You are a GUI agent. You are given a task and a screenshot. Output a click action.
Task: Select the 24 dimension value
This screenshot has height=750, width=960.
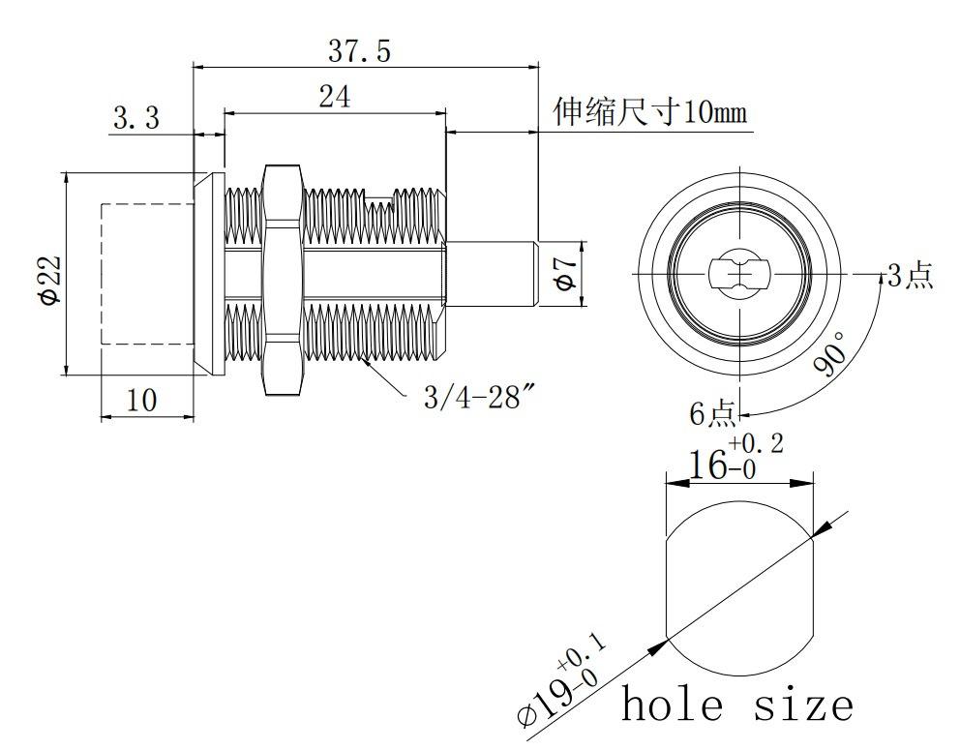click(334, 97)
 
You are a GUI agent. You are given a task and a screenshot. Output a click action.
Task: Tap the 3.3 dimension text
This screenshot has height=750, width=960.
click(136, 119)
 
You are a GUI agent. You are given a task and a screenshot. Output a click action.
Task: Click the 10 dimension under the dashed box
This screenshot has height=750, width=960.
click(141, 400)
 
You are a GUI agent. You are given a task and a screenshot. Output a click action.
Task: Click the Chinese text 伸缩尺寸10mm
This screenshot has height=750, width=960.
click(649, 113)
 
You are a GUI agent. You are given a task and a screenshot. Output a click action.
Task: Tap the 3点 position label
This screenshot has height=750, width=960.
click(910, 276)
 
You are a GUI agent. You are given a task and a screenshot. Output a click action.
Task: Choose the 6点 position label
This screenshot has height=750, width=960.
click(712, 414)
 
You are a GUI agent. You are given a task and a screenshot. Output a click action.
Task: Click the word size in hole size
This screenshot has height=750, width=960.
click(804, 704)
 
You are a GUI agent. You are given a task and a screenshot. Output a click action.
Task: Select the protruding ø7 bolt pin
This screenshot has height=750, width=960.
click(492, 275)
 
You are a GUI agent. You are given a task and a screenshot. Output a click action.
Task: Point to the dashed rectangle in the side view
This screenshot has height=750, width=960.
click(147, 274)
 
